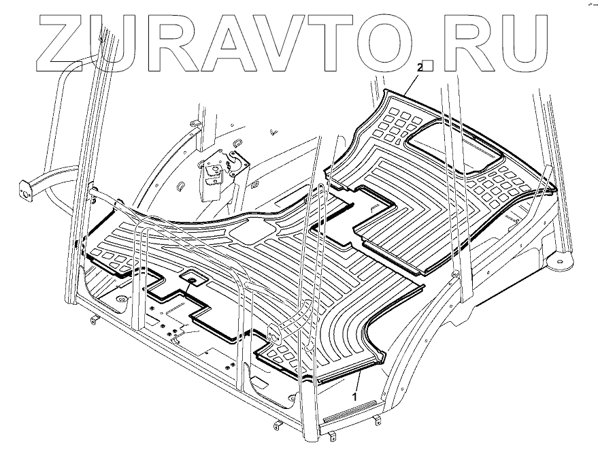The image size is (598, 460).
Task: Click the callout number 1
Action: point(354,394)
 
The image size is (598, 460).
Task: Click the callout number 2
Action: point(420,67)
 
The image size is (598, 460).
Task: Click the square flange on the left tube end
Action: point(24,190)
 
